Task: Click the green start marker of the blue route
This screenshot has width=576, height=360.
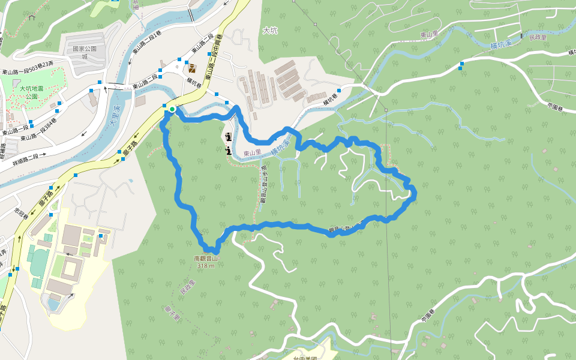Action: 172,109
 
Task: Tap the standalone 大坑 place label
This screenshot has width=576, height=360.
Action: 271,30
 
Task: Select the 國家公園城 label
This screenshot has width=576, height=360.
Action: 85,52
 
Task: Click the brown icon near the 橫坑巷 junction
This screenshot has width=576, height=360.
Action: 192,68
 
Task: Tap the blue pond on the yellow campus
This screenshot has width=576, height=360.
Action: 53,305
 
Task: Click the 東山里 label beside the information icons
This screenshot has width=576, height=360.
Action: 253,152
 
